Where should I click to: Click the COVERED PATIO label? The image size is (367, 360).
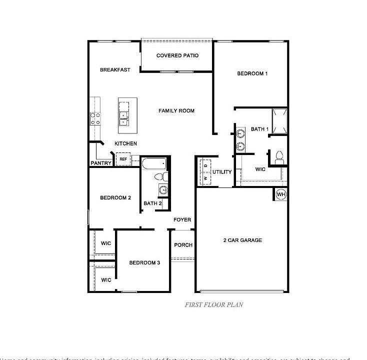pos(177,55)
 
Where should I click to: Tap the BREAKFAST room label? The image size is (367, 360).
pos(115,70)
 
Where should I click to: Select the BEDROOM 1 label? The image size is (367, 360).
pos(252,73)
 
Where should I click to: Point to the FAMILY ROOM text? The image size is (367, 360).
pos(176,110)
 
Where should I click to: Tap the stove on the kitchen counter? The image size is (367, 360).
pos(95,118)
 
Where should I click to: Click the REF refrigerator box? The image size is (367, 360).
pos(123,159)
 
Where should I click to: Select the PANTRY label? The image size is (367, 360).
pos(100,163)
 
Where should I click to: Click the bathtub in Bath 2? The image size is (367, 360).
pos(153,163)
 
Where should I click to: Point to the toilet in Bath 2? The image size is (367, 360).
pos(159,176)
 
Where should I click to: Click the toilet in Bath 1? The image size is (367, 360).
pos(279,157)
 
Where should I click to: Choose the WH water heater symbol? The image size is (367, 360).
pos(280,194)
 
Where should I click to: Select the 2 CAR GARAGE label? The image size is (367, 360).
pos(242,240)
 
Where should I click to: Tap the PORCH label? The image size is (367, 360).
pos(183,245)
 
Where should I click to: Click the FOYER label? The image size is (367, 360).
pos(182,220)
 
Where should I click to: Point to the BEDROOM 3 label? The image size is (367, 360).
pos(144,263)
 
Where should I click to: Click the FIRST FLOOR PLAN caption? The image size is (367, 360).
pos(214,304)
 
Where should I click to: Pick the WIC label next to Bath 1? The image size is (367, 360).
pos(260,169)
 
